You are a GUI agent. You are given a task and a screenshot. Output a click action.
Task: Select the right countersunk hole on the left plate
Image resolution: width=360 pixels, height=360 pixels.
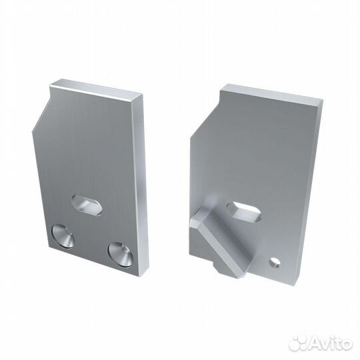(119, 251)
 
